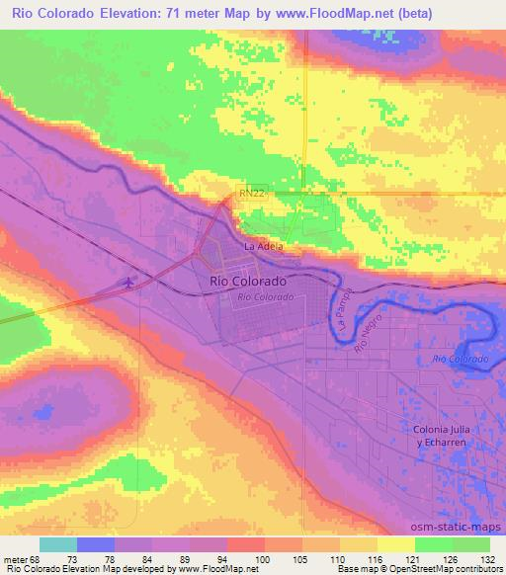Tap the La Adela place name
point(264,245)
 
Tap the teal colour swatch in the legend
point(58,544)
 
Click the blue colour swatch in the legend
point(96,544)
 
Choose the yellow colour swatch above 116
point(359,544)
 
